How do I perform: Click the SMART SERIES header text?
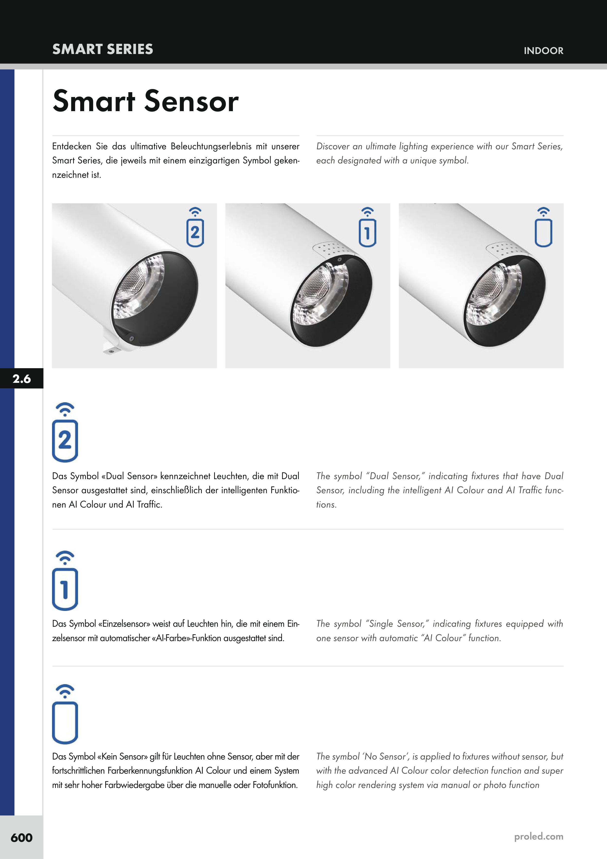[103, 49]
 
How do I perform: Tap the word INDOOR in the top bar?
[543, 51]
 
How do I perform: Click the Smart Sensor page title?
[145, 101]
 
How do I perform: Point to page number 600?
[22, 837]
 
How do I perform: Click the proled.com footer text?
[538, 837]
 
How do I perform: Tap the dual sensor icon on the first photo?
[195, 227]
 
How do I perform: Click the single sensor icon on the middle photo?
[368, 227]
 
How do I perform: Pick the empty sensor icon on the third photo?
[543, 227]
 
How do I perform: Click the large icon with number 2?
[65, 432]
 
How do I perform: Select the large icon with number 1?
[65, 580]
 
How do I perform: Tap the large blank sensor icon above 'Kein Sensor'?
[65, 714]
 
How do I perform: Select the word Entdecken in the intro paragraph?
[72, 146]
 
